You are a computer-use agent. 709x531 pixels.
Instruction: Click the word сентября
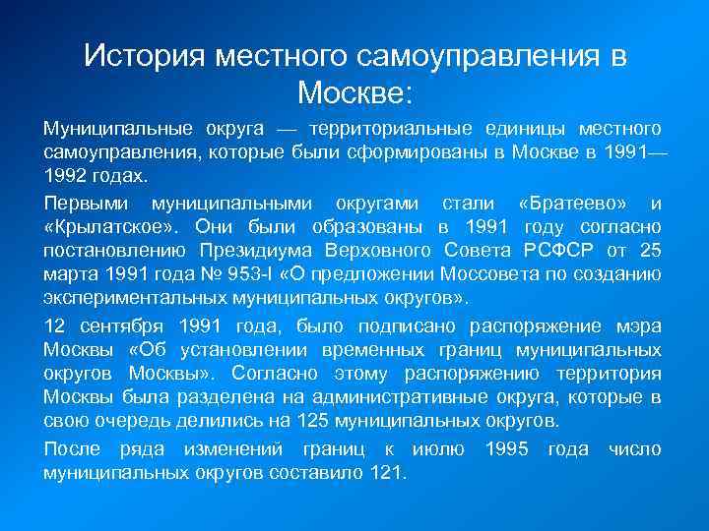118,326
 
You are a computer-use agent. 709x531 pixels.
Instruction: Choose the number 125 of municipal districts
292,421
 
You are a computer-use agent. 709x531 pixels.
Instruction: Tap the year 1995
509,449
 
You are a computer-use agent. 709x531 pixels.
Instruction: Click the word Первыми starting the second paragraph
89,204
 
